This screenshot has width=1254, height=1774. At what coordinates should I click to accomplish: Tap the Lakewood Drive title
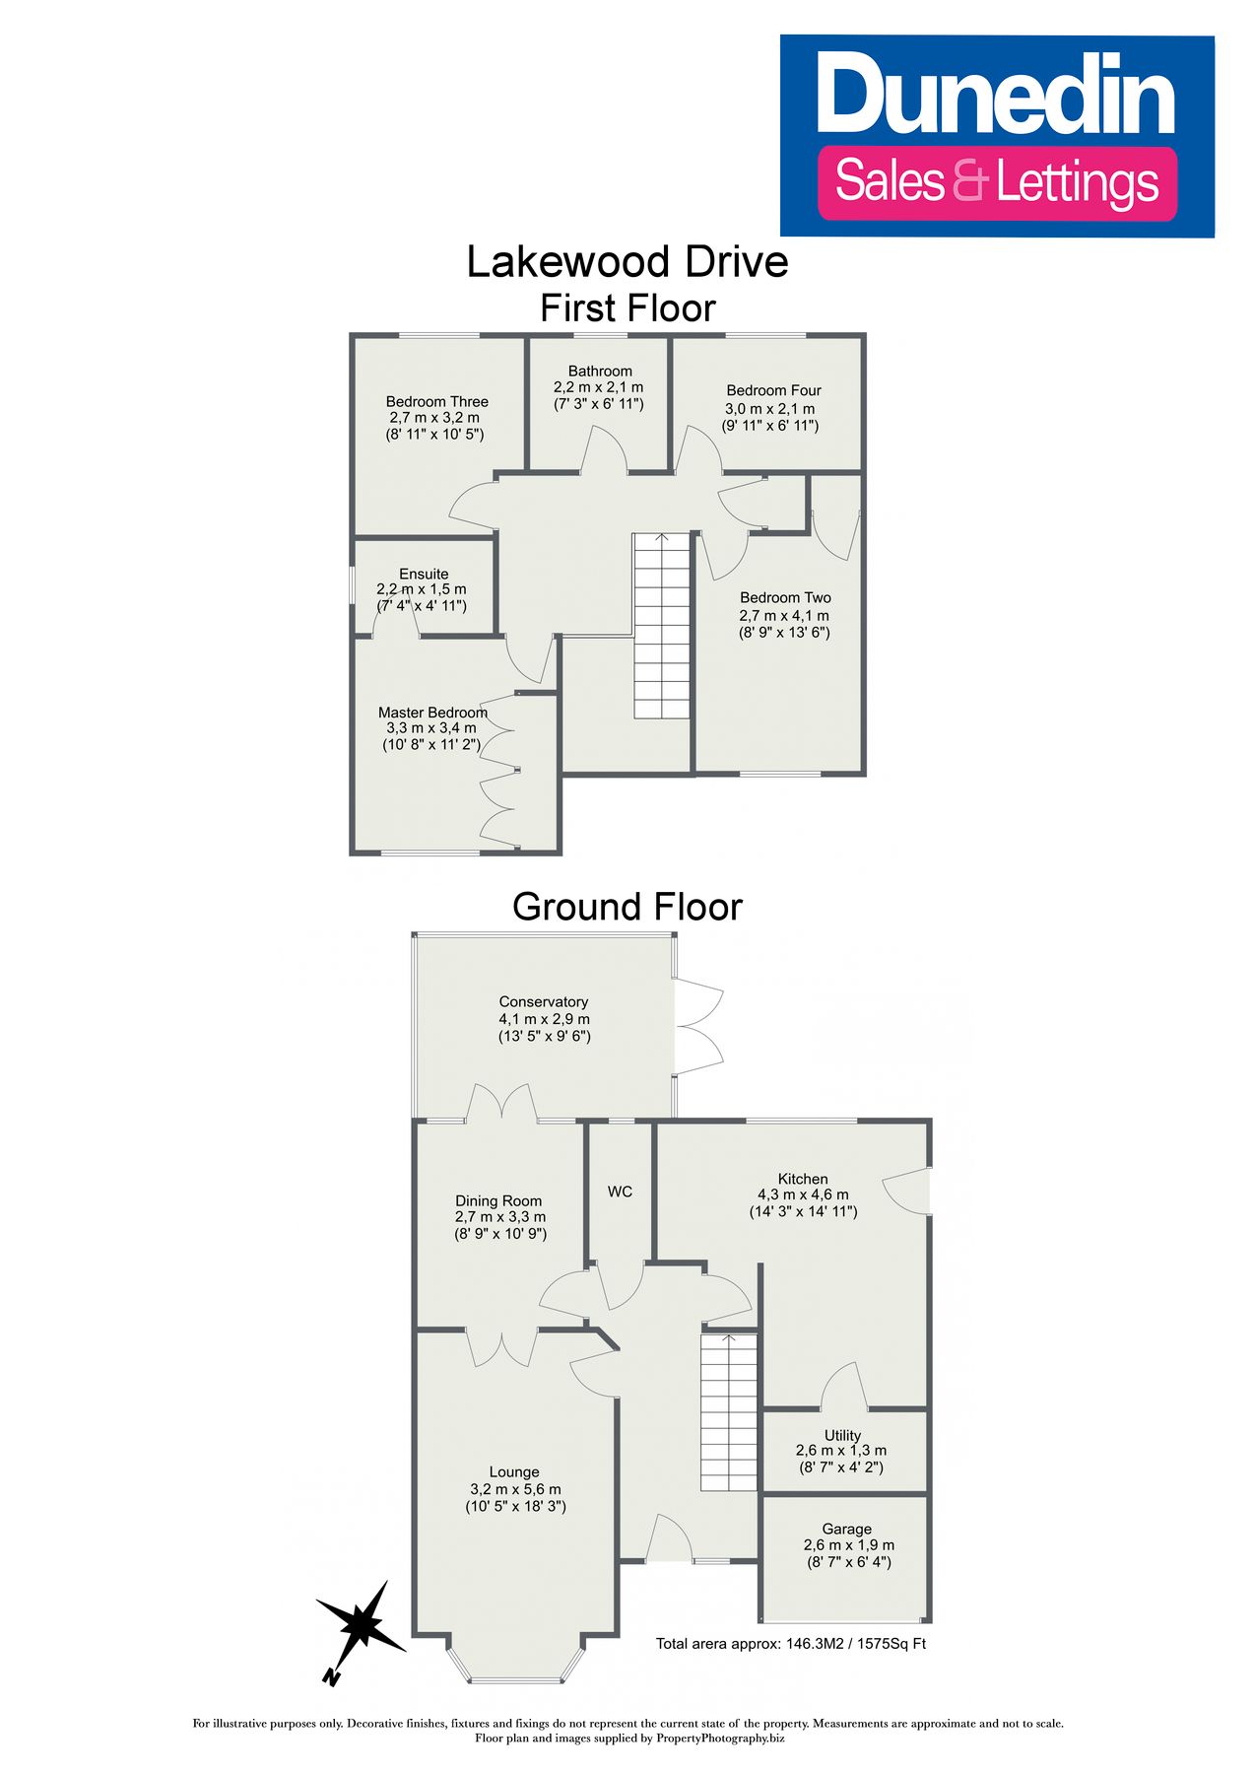click(x=627, y=262)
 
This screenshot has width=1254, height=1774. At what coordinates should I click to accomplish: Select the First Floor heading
click(x=627, y=308)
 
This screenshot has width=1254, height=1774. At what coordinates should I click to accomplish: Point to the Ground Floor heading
click(x=627, y=907)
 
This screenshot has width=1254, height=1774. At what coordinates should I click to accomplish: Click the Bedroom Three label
click(x=436, y=401)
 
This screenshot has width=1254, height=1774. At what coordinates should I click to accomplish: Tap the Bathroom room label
click(x=599, y=372)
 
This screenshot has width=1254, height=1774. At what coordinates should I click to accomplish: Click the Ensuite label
click(x=424, y=574)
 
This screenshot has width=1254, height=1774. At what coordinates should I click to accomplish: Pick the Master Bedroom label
click(x=432, y=713)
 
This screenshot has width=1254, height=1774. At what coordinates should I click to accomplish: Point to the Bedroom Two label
click(x=785, y=597)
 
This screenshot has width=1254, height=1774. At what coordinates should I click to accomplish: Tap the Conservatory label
click(x=543, y=1001)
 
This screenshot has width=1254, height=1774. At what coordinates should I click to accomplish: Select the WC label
click(x=620, y=1192)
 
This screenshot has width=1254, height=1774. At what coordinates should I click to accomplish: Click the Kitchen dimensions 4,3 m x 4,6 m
click(x=802, y=1194)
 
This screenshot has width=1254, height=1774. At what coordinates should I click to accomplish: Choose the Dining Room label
click(x=498, y=1200)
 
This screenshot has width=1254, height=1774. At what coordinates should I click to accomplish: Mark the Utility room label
click(x=842, y=1435)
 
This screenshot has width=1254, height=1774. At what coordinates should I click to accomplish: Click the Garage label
click(x=846, y=1529)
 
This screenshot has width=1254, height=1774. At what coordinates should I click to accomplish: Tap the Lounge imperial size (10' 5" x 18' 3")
click(x=514, y=1506)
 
